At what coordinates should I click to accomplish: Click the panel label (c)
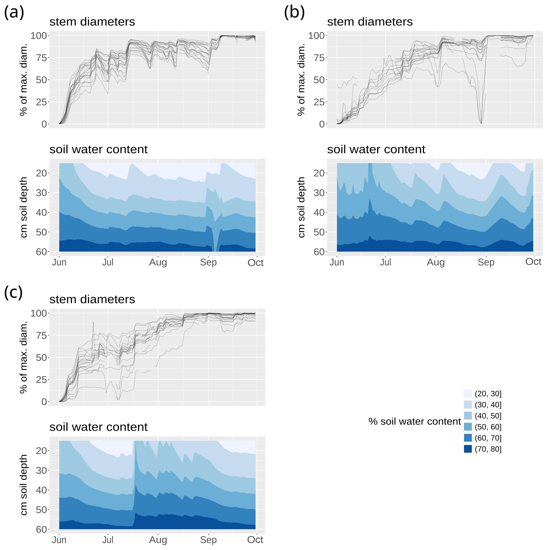click(14, 293)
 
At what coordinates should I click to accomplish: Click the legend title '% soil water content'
click(414, 422)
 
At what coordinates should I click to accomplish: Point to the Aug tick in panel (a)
click(158, 262)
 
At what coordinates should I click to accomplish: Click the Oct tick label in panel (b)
click(533, 262)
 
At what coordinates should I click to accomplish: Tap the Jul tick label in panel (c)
click(108, 540)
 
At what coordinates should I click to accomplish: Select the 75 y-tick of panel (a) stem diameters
click(41, 58)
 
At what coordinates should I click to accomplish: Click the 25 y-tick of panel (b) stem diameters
click(319, 102)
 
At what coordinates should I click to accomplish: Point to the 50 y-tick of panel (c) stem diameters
click(41, 357)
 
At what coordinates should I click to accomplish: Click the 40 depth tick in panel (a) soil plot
click(41, 212)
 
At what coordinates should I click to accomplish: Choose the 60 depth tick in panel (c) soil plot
click(41, 529)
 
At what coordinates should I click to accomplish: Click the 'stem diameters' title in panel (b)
click(369, 22)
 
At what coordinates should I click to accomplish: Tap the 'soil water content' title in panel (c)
click(98, 427)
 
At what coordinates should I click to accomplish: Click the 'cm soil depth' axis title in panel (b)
click(301, 207)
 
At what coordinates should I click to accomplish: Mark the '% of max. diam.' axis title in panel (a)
click(23, 80)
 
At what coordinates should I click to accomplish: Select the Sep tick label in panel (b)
click(486, 262)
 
